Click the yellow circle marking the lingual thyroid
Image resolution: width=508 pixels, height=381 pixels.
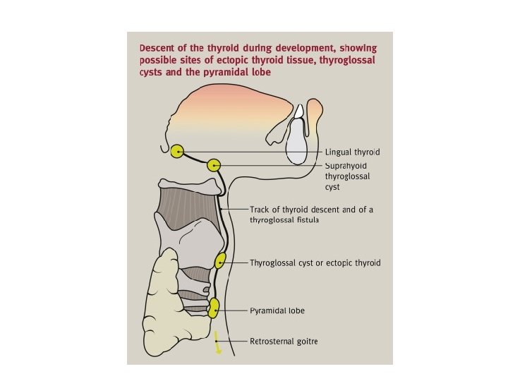click(176, 151)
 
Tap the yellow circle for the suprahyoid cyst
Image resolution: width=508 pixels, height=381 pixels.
click(214, 165)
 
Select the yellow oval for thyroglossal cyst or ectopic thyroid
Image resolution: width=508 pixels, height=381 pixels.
click(220, 261)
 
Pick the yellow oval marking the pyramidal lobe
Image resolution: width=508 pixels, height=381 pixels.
click(214, 308)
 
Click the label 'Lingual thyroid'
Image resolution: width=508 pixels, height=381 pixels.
click(353, 152)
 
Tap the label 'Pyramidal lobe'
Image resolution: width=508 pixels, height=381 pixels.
click(277, 310)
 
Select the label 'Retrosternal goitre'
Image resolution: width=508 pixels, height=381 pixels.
click(284, 341)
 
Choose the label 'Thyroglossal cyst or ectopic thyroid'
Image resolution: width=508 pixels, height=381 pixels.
click(315, 263)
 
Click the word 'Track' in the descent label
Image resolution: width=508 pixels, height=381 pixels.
click(260, 210)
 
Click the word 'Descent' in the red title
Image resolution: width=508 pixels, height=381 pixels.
click(158, 48)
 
